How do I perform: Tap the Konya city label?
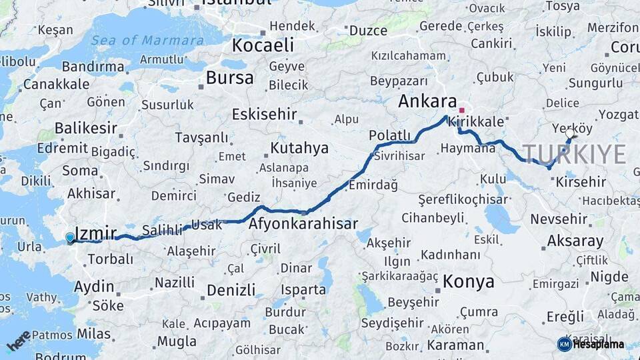pyautogui.click(x=469, y=281)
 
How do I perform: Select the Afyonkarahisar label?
pyautogui.click(x=303, y=224)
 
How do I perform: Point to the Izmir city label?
pyautogui.click(x=96, y=233)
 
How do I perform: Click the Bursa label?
pyautogui.click(x=229, y=78)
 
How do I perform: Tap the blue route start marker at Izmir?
pyautogui.click(x=70, y=237)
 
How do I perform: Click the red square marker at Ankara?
pyautogui.click(x=461, y=110)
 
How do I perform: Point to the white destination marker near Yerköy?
pyautogui.click(x=569, y=133)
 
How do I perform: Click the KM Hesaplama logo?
pyautogui.click(x=591, y=344)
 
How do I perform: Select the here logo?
pyautogui.click(x=18, y=341)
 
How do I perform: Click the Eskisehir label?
pyautogui.click(x=264, y=114)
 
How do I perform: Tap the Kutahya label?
pyautogui.click(x=299, y=147)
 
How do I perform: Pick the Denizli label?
pyautogui.click(x=231, y=290)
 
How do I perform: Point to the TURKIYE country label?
pyautogui.click(x=574, y=154)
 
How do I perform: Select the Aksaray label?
pyautogui.click(x=575, y=241)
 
